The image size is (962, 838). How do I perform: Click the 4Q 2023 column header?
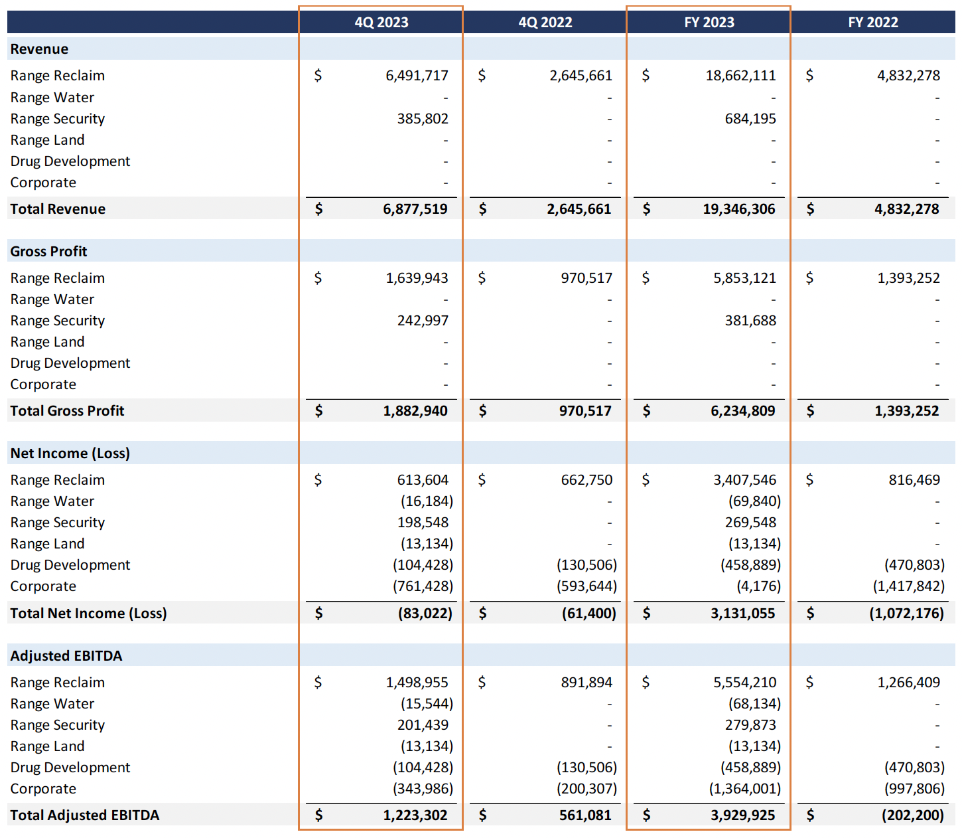click(381, 23)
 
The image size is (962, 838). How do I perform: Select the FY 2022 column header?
click(872, 23)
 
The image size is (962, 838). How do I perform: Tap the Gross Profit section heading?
click(48, 252)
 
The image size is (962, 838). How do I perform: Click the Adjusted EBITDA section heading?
click(66, 656)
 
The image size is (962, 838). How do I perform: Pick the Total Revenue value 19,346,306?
click(738, 209)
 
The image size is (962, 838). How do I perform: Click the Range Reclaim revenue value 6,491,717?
click(417, 76)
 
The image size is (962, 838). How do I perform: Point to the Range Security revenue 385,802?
click(423, 119)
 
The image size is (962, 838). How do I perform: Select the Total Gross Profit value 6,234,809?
click(742, 411)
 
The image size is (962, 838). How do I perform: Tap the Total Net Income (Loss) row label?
click(88, 614)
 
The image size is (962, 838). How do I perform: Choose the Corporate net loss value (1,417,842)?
click(908, 586)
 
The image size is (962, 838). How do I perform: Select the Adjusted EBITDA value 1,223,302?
click(415, 815)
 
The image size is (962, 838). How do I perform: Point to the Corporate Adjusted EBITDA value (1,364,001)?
click(744, 789)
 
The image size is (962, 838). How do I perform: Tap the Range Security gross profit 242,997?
click(423, 321)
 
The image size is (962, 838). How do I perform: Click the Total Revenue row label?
click(58, 209)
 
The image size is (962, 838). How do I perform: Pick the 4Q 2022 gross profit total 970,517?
click(584, 411)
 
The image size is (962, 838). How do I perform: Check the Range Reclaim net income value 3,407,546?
click(744, 480)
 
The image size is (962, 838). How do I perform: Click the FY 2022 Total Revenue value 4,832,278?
click(906, 209)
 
